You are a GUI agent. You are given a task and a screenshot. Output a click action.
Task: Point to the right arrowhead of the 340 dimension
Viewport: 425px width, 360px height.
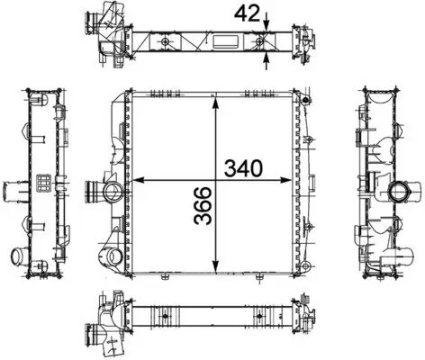coord(294,180)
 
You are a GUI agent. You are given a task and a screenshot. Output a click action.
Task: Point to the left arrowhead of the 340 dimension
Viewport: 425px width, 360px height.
coord(138,180)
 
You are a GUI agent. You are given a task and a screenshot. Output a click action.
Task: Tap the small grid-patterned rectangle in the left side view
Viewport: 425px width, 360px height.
coord(42,184)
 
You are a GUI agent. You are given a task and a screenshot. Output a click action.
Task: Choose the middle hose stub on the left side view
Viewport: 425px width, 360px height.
coord(13,193)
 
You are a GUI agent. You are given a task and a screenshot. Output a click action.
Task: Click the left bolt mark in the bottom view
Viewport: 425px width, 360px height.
coord(167,315)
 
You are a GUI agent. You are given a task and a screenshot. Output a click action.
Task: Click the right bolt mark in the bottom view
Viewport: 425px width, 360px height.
coord(260,315)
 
